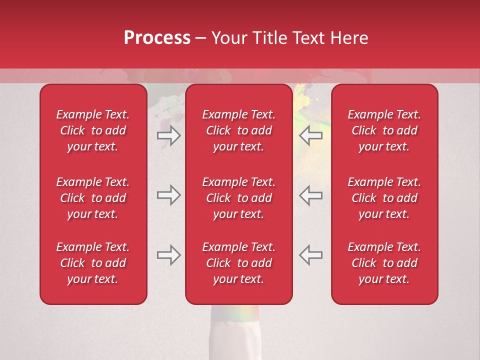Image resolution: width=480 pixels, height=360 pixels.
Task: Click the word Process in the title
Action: [157, 38]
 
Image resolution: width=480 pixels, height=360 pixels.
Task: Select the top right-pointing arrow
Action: [168, 135]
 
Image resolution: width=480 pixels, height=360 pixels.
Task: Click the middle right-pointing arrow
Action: [168, 195]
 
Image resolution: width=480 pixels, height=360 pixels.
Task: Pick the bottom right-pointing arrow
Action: [168, 255]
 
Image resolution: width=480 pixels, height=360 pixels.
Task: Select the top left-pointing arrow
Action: [310, 135]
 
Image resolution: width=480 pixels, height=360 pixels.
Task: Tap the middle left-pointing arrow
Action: [310, 195]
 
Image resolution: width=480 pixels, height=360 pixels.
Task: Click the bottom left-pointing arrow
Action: [310, 255]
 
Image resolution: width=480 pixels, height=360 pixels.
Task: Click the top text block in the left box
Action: [93, 130]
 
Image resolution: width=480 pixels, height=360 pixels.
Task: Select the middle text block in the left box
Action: [93, 198]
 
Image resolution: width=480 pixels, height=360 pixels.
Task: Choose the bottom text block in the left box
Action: [93, 263]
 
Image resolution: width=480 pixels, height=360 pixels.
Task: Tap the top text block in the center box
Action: [238, 130]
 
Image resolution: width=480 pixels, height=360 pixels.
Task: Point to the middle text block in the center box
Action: [238, 198]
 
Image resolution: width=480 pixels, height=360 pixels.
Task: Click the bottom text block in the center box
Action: [238, 263]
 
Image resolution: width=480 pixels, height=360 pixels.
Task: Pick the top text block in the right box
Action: [384, 130]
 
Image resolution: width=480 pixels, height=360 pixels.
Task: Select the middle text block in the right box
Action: [384, 198]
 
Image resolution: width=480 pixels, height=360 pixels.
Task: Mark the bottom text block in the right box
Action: [384, 263]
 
